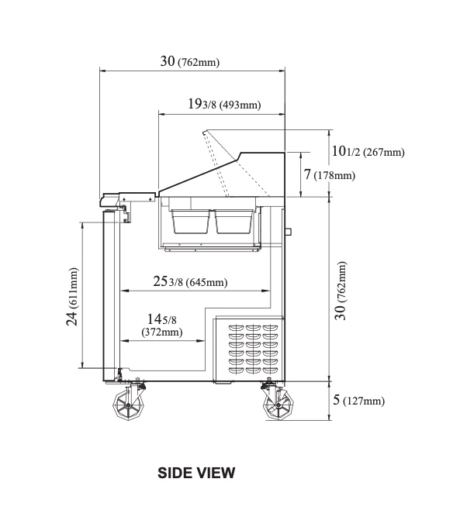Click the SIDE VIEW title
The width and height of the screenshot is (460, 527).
pos(196,472)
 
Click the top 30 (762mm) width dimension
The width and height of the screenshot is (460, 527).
pos(189,62)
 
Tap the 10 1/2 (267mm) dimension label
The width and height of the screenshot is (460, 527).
pos(367,152)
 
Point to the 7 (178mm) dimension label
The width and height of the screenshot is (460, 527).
pos(329,175)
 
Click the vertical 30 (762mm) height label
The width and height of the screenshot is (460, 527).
pos(341,289)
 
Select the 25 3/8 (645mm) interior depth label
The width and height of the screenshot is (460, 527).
pos(189,282)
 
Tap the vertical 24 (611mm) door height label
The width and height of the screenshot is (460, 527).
pos(72,298)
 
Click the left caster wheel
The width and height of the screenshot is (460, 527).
pos(126,404)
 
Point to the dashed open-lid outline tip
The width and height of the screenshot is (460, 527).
pos(205,134)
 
